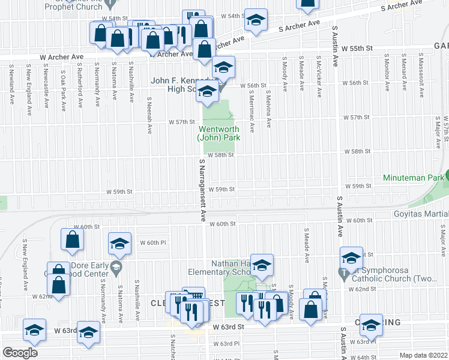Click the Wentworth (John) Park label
[x=218, y=133]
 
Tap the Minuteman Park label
[x=412, y=178]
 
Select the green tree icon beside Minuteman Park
[x=447, y=178]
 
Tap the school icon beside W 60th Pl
[x=119, y=243]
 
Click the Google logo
[x=20, y=353]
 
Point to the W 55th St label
[x=357, y=47]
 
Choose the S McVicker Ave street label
[x=319, y=75]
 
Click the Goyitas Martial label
[x=421, y=214]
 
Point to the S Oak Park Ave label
[x=63, y=94]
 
